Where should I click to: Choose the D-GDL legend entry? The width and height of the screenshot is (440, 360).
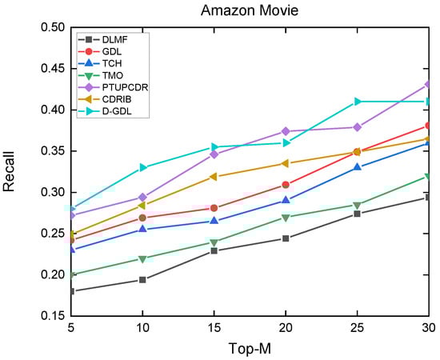click(117, 111)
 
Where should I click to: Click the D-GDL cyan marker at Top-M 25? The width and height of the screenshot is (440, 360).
click(358, 102)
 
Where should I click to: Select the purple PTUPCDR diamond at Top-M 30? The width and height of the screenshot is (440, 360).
click(429, 84)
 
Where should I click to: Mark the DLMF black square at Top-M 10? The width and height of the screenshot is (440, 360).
click(142, 280)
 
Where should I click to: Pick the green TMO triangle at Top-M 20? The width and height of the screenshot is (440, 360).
click(286, 218)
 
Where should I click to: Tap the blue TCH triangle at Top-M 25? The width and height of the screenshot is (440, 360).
click(358, 167)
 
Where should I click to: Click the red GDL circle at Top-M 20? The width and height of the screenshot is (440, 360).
click(286, 185)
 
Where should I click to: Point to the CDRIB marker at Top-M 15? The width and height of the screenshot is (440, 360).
click(214, 177)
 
